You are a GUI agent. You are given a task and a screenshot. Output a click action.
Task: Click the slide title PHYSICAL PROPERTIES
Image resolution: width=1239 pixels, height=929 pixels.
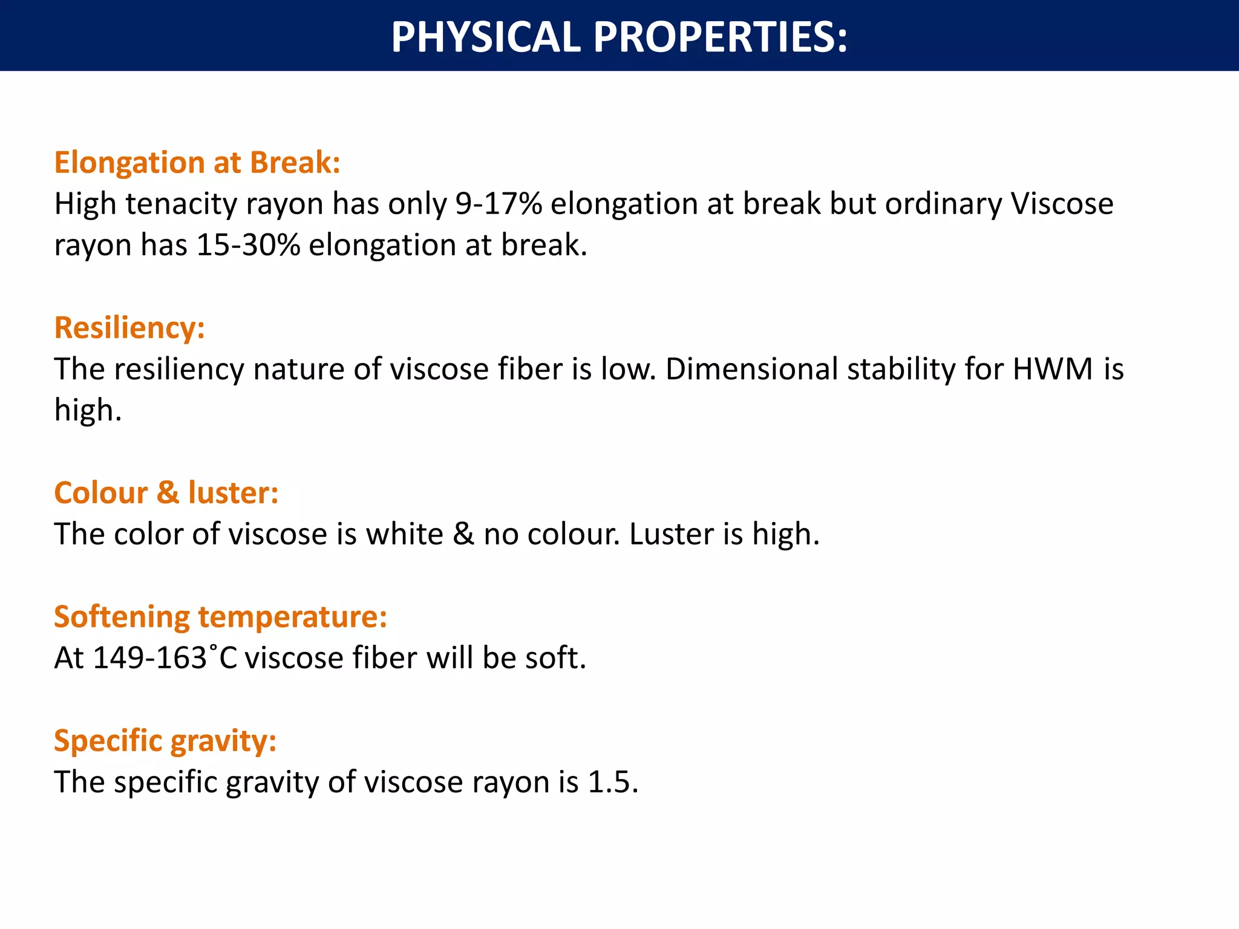tap(619, 37)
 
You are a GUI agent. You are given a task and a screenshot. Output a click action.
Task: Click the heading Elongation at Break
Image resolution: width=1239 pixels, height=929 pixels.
tap(197, 163)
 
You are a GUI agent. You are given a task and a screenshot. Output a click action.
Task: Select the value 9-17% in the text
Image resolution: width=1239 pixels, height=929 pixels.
tap(499, 204)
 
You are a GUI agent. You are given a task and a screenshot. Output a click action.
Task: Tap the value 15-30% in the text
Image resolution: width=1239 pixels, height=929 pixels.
tap(248, 246)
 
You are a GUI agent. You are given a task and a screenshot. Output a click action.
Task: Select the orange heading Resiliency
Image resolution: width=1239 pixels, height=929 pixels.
tap(129, 328)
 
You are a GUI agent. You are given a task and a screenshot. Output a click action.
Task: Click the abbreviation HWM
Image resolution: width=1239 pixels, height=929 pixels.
tap(1053, 369)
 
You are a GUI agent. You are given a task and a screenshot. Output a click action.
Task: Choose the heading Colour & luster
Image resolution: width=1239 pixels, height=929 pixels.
tap(166, 493)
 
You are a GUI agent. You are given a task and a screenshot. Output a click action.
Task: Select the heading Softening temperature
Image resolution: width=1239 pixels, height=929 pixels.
tap(220, 617)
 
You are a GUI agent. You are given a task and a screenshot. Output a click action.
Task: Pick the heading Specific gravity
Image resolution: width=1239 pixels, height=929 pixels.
tap(165, 741)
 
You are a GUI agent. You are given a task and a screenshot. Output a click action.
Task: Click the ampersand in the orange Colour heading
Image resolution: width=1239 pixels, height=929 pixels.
tap(168, 493)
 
